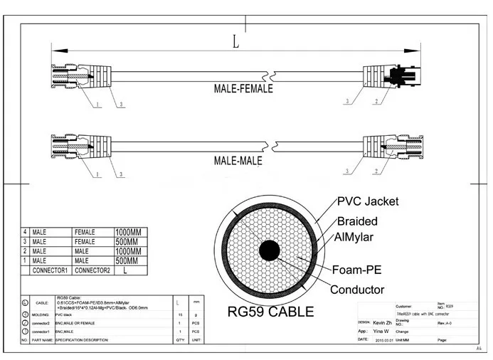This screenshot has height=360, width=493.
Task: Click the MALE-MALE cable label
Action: coord(238,161)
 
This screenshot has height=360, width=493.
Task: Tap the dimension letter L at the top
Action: coord(235,41)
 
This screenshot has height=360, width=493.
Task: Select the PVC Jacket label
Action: coord(368,201)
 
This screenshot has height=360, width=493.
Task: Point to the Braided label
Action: coord(357,221)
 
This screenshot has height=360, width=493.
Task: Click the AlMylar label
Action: coord(354,238)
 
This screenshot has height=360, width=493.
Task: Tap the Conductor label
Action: coord(357,290)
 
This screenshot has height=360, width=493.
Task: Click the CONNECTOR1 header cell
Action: coord(50,270)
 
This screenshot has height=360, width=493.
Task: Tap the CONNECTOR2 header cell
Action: coord(92,270)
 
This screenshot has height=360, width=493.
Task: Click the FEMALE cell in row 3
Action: coord(88,242)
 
